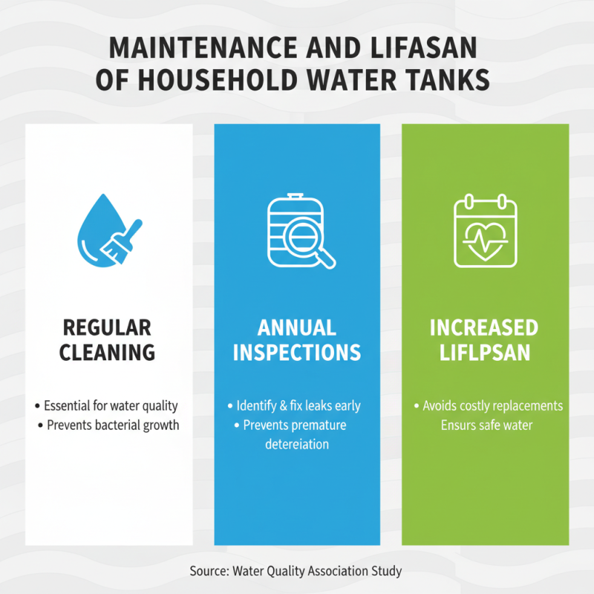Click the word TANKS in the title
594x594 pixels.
pyautogui.click(x=451, y=79)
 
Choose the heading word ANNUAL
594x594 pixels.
pyautogui.click(x=297, y=327)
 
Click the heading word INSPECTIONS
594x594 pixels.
pyautogui.click(x=297, y=352)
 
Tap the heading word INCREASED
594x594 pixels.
pyautogui.click(x=485, y=327)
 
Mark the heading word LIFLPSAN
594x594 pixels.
pyautogui.click(x=485, y=352)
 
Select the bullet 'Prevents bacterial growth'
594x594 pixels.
pyautogui.click(x=113, y=425)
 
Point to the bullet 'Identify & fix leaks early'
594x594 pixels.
pyautogui.click(x=298, y=406)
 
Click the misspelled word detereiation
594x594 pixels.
pyautogui.click(x=297, y=445)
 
